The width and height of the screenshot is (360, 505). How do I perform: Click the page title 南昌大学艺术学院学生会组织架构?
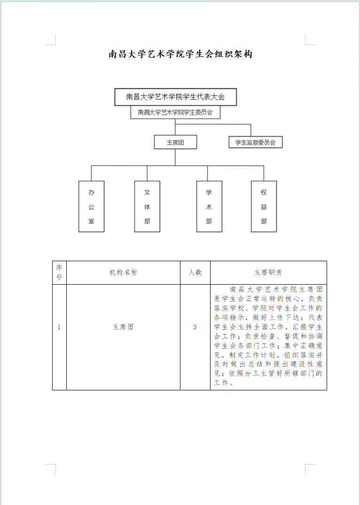(180, 54)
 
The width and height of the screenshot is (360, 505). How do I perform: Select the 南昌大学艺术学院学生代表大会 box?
(175, 97)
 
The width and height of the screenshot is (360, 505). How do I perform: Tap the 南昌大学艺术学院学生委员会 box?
(175, 112)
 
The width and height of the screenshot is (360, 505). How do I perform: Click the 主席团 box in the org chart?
(175, 142)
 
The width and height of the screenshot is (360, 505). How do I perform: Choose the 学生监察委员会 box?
(256, 142)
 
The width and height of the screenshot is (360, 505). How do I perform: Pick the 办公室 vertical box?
(92, 206)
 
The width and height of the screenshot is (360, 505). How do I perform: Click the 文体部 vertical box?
(147, 206)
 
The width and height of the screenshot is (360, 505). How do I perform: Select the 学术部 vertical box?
(209, 206)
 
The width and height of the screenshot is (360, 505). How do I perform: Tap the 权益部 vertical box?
(264, 206)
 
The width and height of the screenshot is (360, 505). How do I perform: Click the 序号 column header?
(59, 272)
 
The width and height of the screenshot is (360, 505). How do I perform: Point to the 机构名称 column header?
(124, 272)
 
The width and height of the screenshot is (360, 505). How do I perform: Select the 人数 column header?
(195, 272)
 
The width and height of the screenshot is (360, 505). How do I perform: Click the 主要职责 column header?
(268, 272)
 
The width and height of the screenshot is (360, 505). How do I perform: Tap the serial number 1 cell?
(59, 327)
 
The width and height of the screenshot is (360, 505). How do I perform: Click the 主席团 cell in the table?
(123, 327)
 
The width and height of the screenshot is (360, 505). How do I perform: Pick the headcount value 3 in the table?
(195, 327)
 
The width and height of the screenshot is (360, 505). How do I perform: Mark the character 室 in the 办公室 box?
(92, 221)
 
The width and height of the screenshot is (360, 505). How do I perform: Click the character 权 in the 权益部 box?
(264, 192)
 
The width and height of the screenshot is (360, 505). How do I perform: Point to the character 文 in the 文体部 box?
(147, 192)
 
